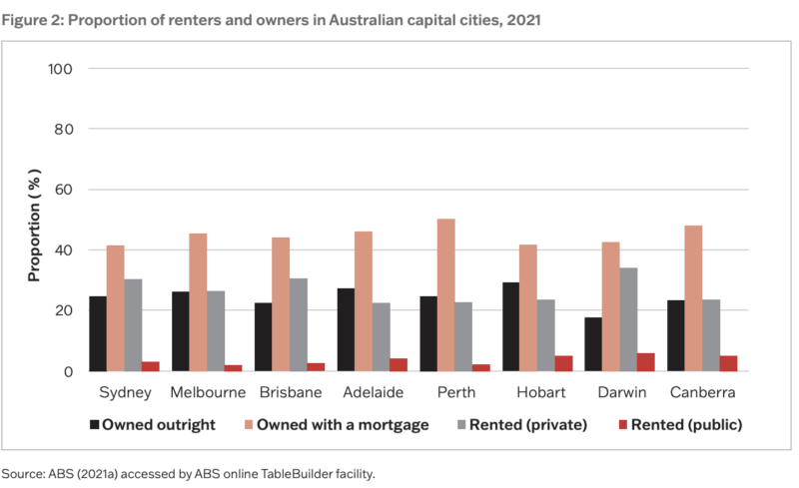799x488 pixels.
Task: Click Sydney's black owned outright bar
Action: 98,333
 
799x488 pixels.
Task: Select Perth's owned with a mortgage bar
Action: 445,294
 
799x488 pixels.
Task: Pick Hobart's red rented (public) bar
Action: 564,363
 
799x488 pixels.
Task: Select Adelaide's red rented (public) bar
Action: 399,364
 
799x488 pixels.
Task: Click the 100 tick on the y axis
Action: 62,69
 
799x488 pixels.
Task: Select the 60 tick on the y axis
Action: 66,190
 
